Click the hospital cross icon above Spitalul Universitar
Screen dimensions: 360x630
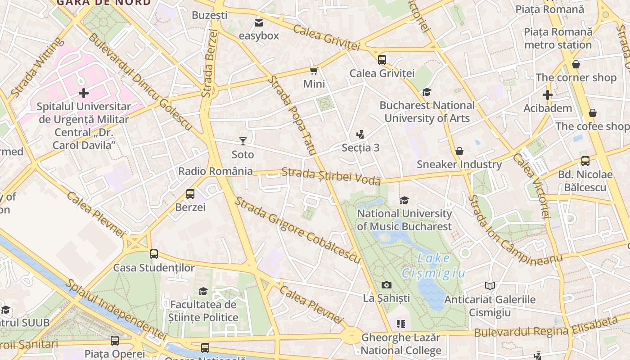pos(84,93)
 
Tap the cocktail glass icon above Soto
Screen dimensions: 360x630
pos(243,141)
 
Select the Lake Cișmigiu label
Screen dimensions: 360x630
pos(433,265)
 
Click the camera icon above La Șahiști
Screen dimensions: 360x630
pos(386,285)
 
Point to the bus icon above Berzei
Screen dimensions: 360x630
pos(190,194)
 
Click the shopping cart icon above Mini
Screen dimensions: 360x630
pos(314,71)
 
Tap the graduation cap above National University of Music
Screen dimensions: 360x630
pos(405,200)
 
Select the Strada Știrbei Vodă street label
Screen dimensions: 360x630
pos(331,176)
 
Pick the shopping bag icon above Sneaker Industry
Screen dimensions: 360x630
pos(459,151)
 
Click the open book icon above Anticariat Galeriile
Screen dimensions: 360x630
pos(490,286)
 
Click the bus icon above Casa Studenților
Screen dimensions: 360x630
pos(154,254)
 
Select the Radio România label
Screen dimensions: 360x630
pos(216,171)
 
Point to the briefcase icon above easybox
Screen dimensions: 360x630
pos(259,22)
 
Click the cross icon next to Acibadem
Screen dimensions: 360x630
pos(547,95)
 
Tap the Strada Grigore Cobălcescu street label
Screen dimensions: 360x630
pos(297,230)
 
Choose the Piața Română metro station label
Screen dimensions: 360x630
pos(558,38)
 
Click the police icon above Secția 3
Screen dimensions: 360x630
pos(360,134)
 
